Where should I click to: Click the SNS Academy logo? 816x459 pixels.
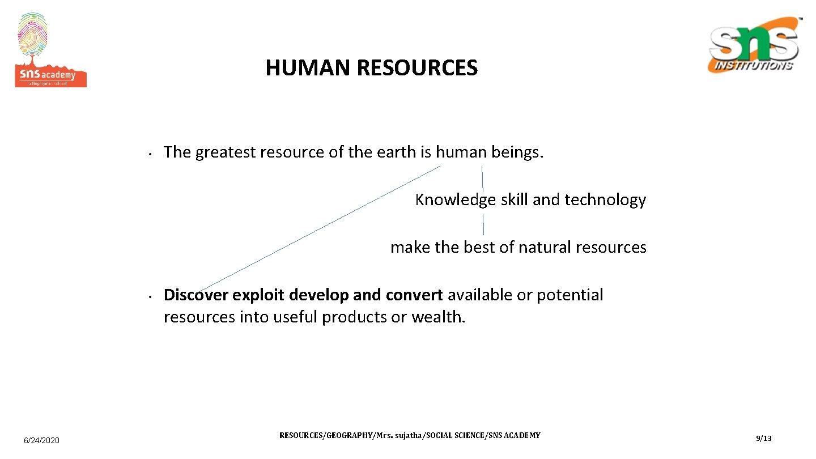[x=50, y=51]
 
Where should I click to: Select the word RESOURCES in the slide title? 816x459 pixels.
[x=417, y=69]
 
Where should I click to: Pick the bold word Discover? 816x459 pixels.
[x=195, y=295]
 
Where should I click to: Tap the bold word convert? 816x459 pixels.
[x=414, y=295]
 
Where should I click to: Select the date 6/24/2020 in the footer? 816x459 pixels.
[x=41, y=440]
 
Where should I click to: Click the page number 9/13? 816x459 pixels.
[x=763, y=439]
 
